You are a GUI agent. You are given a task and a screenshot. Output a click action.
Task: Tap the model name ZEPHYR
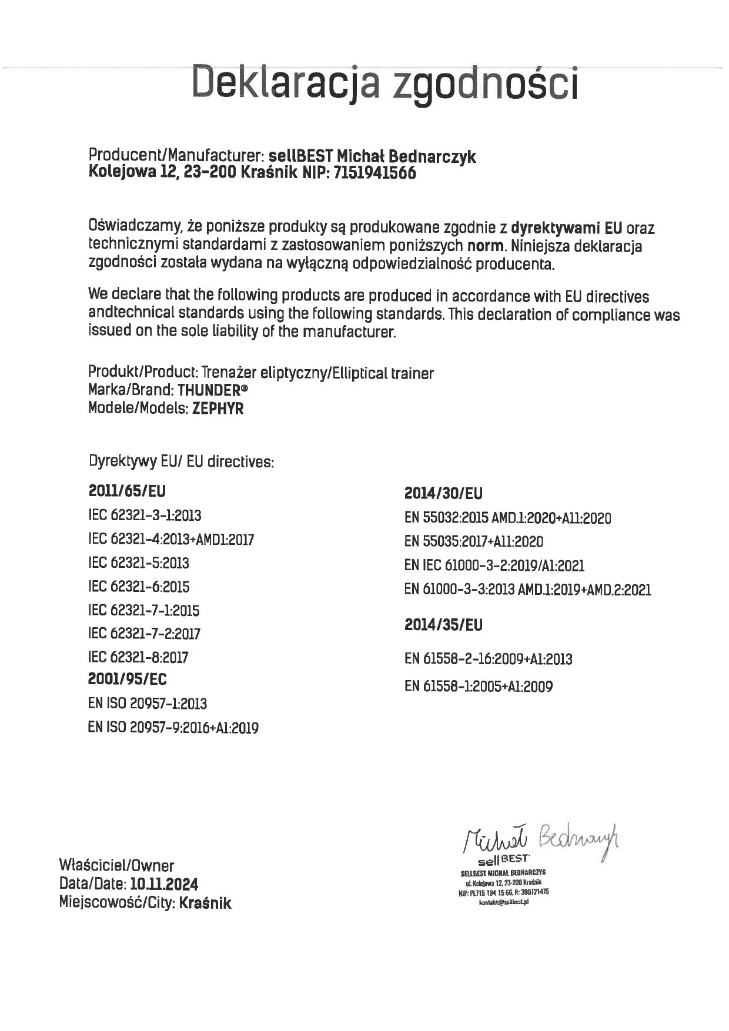coord(218,408)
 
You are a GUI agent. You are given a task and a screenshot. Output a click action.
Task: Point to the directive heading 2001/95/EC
coord(127,679)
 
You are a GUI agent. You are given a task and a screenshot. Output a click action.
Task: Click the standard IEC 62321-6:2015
coord(139,587)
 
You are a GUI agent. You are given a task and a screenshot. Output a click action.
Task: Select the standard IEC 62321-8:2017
coord(138,657)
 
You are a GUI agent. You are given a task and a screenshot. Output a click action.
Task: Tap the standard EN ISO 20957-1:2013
coord(147,704)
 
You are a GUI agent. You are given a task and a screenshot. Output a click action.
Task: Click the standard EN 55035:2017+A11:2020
coord(474,541)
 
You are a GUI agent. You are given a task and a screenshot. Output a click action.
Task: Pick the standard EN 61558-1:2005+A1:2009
coord(479,687)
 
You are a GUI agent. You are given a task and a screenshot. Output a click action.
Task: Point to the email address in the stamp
coord(504,902)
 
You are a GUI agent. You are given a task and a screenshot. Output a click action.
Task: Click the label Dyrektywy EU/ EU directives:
coord(181,461)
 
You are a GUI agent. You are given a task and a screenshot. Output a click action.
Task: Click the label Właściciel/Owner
coord(116,865)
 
